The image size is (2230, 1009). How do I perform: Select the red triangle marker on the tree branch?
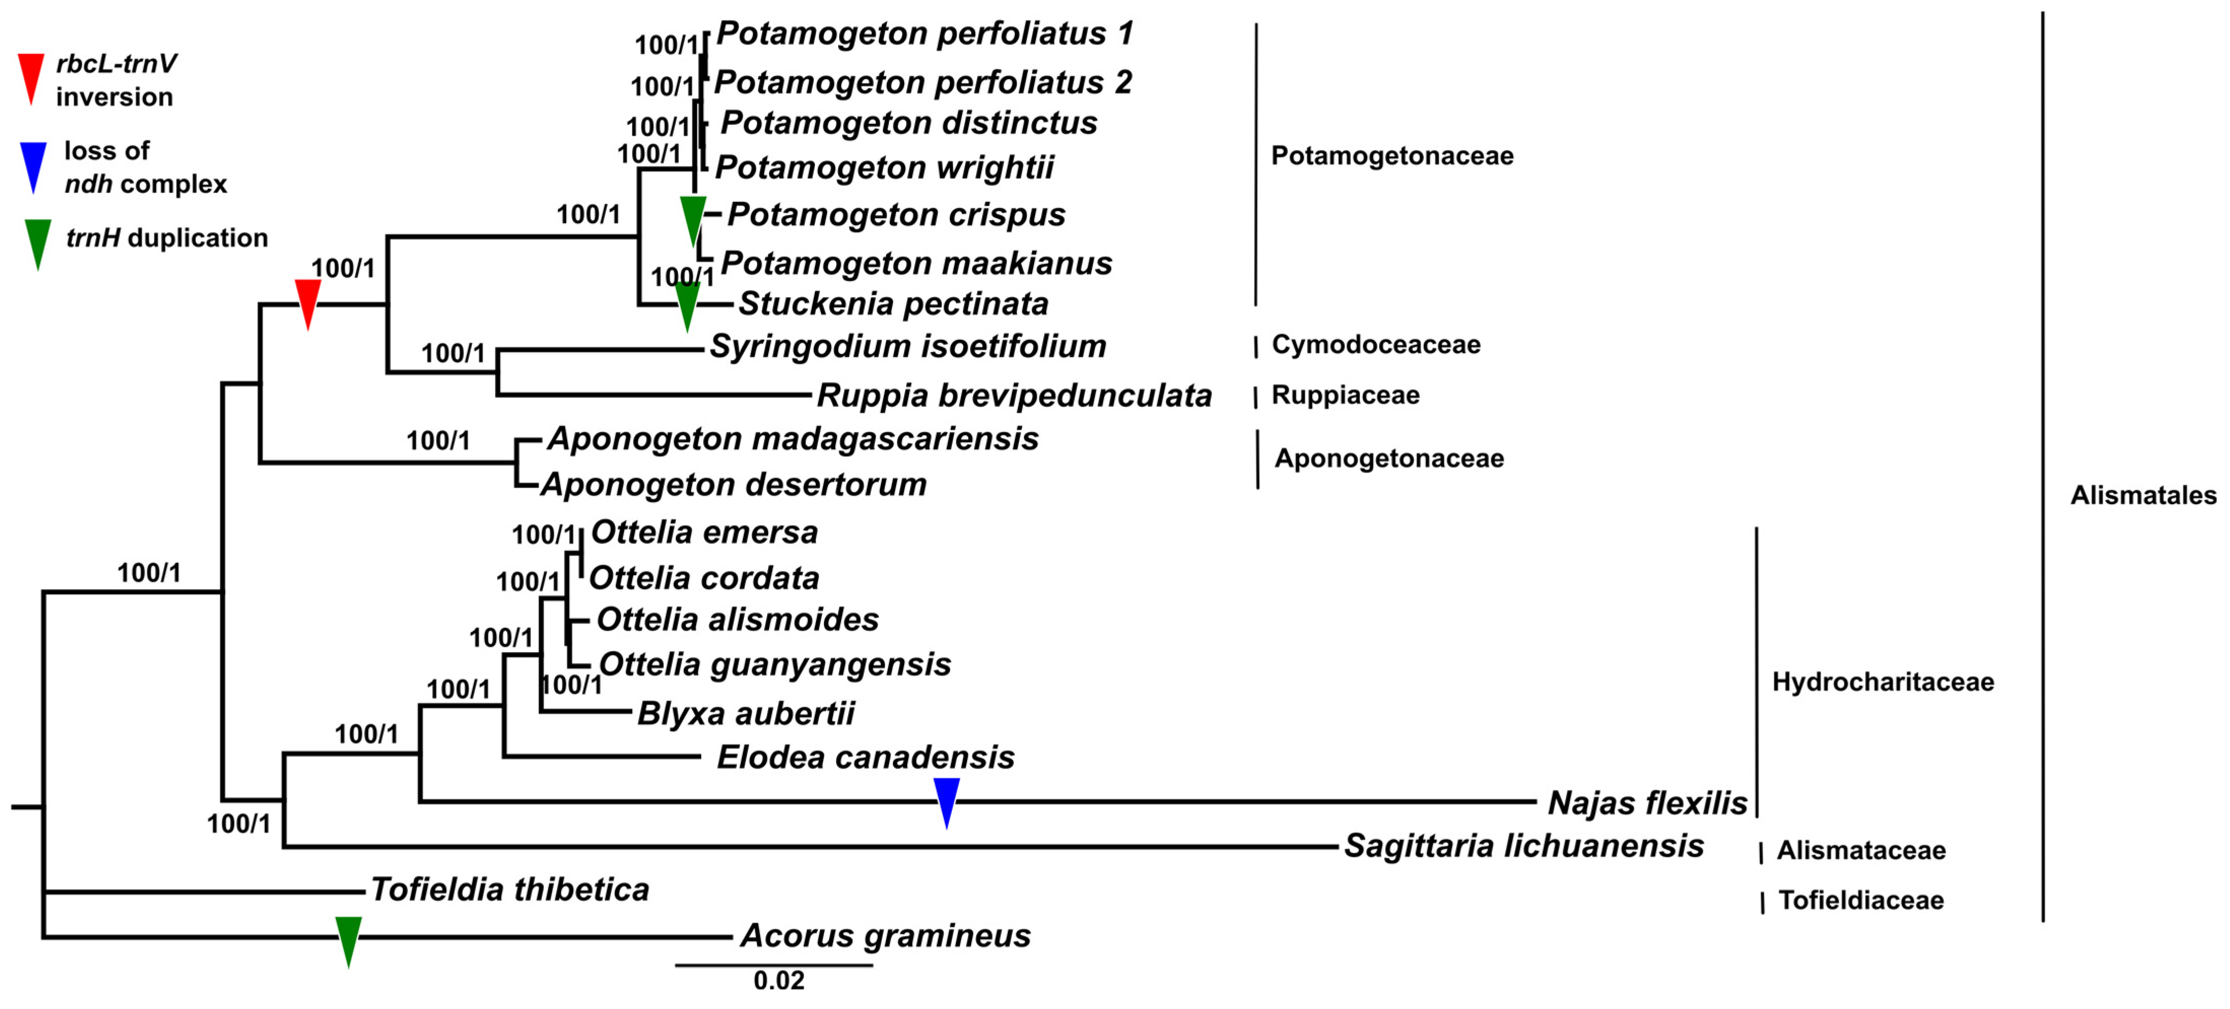pyautogui.click(x=308, y=301)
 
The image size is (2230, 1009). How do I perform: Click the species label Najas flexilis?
pyautogui.click(x=1646, y=803)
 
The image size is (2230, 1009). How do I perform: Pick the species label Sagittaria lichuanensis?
pyautogui.click(x=1524, y=845)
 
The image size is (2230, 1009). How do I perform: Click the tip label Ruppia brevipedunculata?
pyautogui.click(x=1014, y=395)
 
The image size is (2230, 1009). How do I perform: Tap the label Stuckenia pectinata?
pyautogui.click(x=893, y=304)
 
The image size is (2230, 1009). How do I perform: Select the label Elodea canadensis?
pyautogui.click(x=865, y=757)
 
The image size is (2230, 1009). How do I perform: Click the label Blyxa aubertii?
pyautogui.click(x=745, y=713)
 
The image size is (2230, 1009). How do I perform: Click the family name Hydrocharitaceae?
pyautogui.click(x=1883, y=682)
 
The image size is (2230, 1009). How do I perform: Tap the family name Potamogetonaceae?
pyautogui.click(x=1392, y=156)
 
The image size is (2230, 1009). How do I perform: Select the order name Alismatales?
pyautogui.click(x=2143, y=495)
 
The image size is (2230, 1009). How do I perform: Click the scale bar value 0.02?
pyautogui.click(x=778, y=981)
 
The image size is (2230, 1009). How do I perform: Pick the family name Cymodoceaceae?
pyautogui.click(x=1376, y=344)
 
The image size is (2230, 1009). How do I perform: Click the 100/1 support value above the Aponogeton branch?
pyautogui.click(x=438, y=441)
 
